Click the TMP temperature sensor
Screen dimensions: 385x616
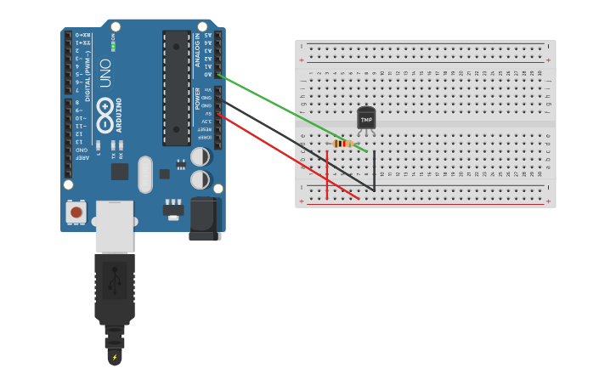[366, 120]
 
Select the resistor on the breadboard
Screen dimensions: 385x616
[342, 144]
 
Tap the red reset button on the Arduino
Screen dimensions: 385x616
[76, 212]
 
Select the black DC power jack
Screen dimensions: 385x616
[205, 218]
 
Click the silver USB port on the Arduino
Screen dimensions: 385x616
[114, 226]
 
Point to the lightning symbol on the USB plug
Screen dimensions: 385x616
[115, 357]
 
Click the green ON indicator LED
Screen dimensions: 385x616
[113, 46]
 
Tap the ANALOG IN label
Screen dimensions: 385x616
[199, 51]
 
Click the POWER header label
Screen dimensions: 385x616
[198, 99]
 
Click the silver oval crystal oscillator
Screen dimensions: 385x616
[145, 173]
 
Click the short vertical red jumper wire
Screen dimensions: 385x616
[327, 179]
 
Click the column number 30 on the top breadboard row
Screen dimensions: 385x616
[540, 74]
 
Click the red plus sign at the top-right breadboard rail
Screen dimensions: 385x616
[548, 60]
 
